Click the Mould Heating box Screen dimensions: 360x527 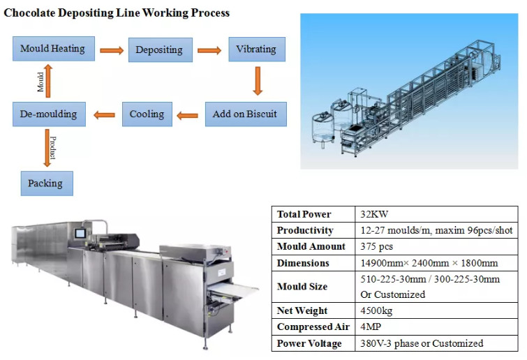tap(52, 49)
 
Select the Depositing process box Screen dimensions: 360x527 tap(158, 50)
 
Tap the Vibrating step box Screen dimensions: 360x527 tap(256, 50)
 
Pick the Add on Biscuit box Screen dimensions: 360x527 tap(245, 114)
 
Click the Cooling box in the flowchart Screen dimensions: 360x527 tap(147, 114)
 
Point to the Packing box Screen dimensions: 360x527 tap(45, 183)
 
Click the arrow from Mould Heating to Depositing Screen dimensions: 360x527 tap(110, 50)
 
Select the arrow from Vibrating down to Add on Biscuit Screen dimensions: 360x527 tap(257, 82)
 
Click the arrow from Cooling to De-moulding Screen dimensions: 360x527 tap(105, 114)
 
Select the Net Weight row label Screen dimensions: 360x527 tap(302, 310)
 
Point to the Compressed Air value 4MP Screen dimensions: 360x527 tap(372, 327)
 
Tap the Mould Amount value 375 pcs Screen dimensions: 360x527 tap(380, 246)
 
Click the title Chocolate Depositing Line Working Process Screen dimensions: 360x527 tap(116, 13)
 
